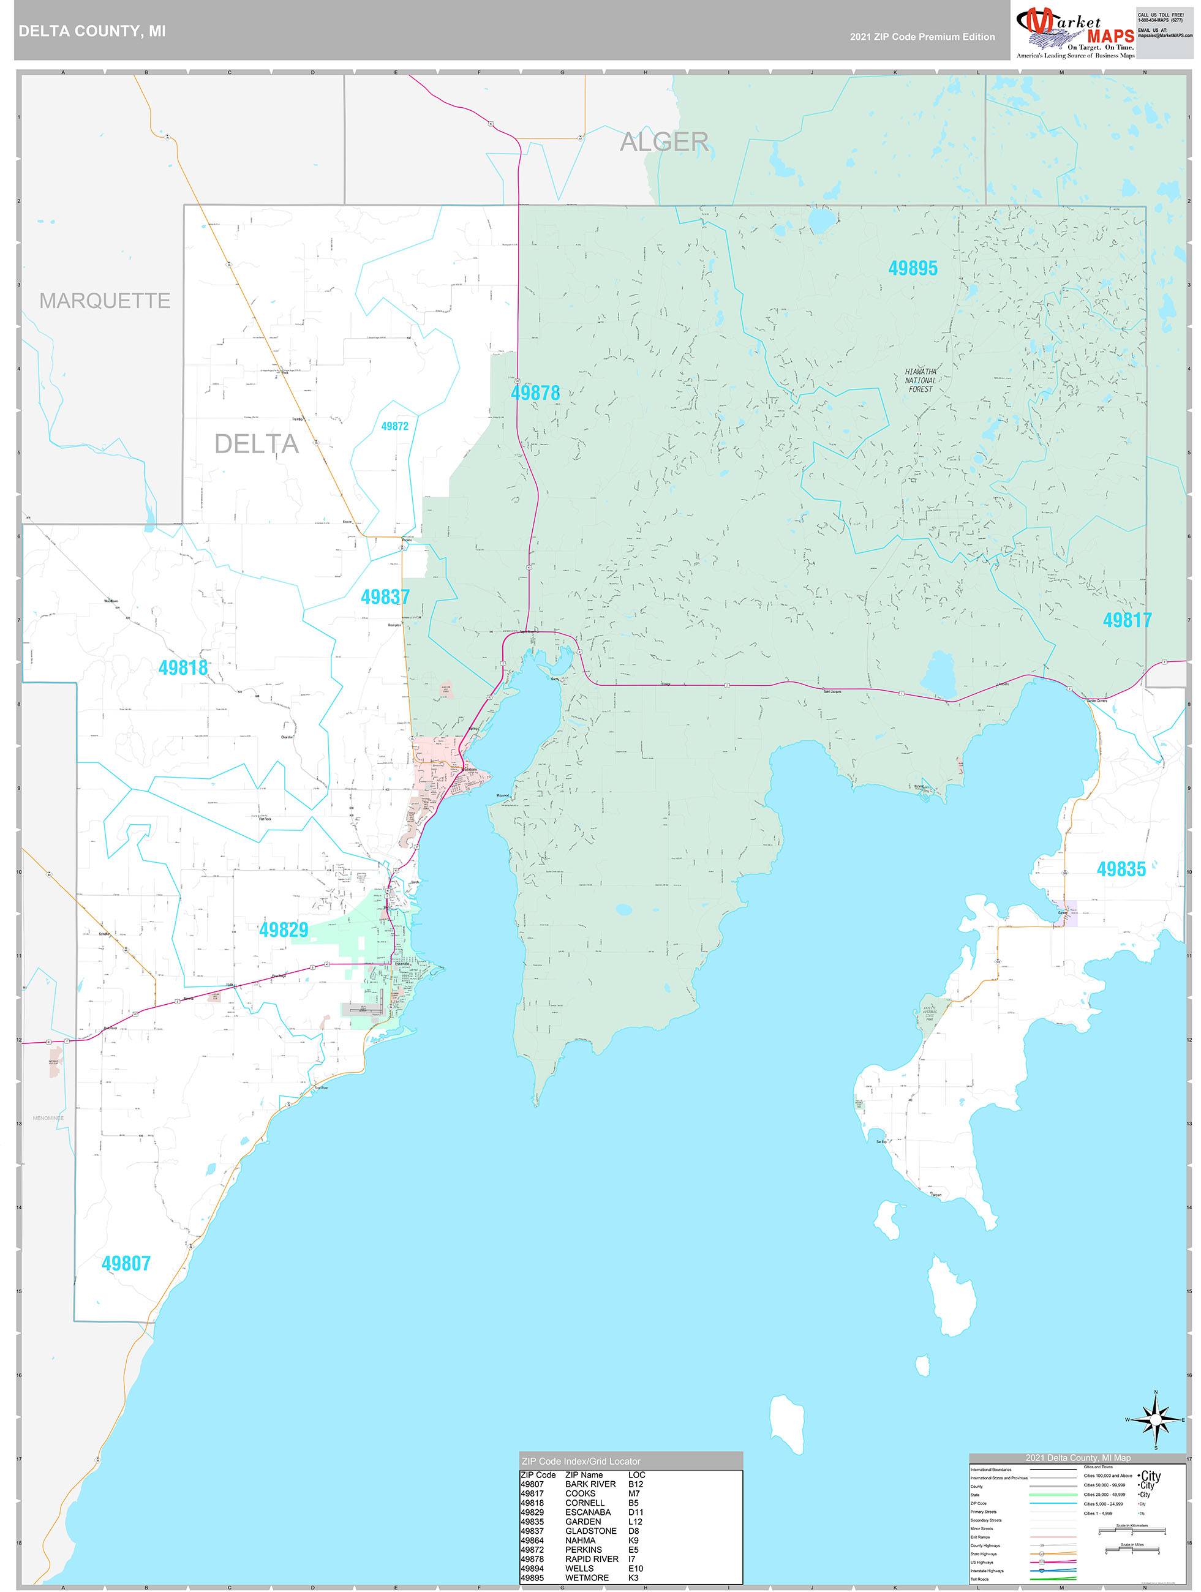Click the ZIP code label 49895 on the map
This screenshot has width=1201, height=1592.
pyautogui.click(x=913, y=268)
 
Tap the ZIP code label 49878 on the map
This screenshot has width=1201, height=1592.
pyautogui.click(x=535, y=393)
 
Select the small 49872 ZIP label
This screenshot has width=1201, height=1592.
pyautogui.click(x=394, y=426)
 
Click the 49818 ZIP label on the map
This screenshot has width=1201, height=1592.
pyautogui.click(x=183, y=668)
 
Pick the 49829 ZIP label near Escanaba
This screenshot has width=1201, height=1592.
pyautogui.click(x=284, y=930)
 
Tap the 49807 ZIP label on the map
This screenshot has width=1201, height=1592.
pyautogui.click(x=126, y=1263)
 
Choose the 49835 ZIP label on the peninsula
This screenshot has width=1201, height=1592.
pyautogui.click(x=1121, y=869)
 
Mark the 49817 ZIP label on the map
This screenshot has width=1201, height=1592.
pyautogui.click(x=1127, y=620)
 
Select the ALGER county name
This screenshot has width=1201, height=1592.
pyautogui.click(x=664, y=142)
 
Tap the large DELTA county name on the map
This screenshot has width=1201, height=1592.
pyautogui.click(x=257, y=444)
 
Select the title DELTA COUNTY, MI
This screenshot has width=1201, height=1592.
pyautogui.click(x=92, y=31)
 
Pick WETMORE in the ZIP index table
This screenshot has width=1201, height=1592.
pyautogui.click(x=587, y=1577)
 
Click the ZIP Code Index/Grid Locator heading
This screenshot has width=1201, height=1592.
pyautogui.click(x=581, y=1461)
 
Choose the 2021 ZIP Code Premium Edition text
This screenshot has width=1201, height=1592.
pyautogui.click(x=922, y=37)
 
